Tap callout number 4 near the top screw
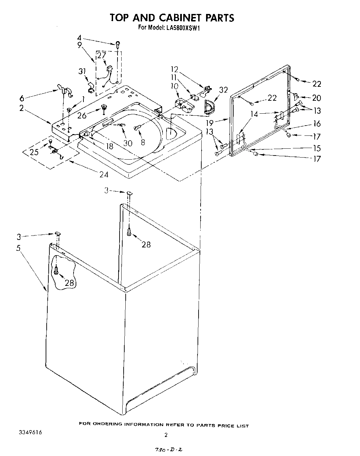[x=79, y=38]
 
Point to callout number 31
[x=82, y=71]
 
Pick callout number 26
[x=82, y=115]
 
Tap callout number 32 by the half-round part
[x=223, y=90]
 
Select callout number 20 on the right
[x=316, y=98]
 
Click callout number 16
[x=317, y=124]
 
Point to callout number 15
[x=317, y=148]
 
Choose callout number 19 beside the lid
[x=209, y=123]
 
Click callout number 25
[x=34, y=152]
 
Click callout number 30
[x=127, y=143]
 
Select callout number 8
[x=143, y=143]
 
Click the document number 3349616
[x=30, y=433]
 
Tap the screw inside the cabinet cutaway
[x=57, y=270]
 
